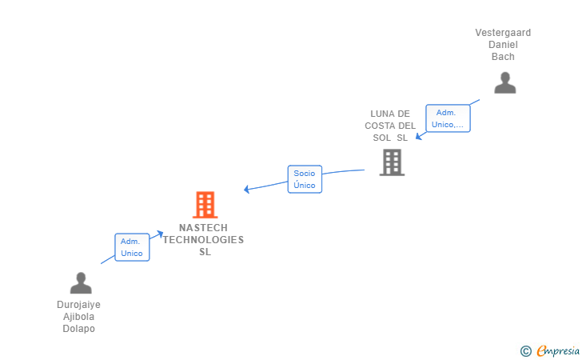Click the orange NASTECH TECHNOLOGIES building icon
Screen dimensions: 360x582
pyautogui.click(x=205, y=205)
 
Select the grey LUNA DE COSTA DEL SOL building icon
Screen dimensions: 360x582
pyautogui.click(x=392, y=162)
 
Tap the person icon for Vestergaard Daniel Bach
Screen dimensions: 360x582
pyautogui.click(x=504, y=83)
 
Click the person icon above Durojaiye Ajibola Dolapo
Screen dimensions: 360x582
pyautogui.click(x=81, y=283)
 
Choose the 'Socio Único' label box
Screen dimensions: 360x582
pyautogui.click(x=305, y=179)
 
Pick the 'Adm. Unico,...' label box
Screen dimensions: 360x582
pyautogui.click(x=448, y=118)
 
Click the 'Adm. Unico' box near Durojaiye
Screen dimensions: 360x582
pyautogui.click(x=132, y=247)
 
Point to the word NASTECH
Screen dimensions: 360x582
pyautogui.click(x=204, y=228)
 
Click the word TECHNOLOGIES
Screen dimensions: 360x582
pyautogui.click(x=204, y=240)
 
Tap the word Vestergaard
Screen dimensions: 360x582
pyautogui.click(x=503, y=33)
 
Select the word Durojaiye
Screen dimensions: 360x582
pyautogui.click(x=78, y=305)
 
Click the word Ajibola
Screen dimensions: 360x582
pyautogui.click(x=78, y=317)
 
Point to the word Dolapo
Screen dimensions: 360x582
pyautogui.click(x=78, y=329)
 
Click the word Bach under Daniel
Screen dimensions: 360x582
pyautogui.click(x=503, y=57)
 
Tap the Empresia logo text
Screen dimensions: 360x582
pyautogui.click(x=558, y=350)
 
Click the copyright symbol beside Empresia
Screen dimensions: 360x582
pyautogui.click(x=525, y=350)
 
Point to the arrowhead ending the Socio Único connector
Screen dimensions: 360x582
pyautogui.click(x=246, y=190)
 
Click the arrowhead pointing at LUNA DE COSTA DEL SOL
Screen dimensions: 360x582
pyautogui.click(x=417, y=137)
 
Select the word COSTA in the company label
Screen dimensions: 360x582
pyautogui.click(x=381, y=126)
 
